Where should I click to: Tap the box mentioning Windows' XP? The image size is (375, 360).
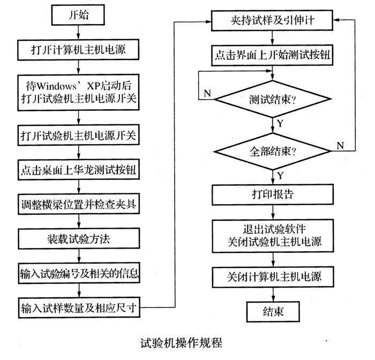78,92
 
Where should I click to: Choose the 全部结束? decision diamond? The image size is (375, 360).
273,151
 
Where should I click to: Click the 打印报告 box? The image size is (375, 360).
273,192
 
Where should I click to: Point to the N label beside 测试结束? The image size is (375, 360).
207,94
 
